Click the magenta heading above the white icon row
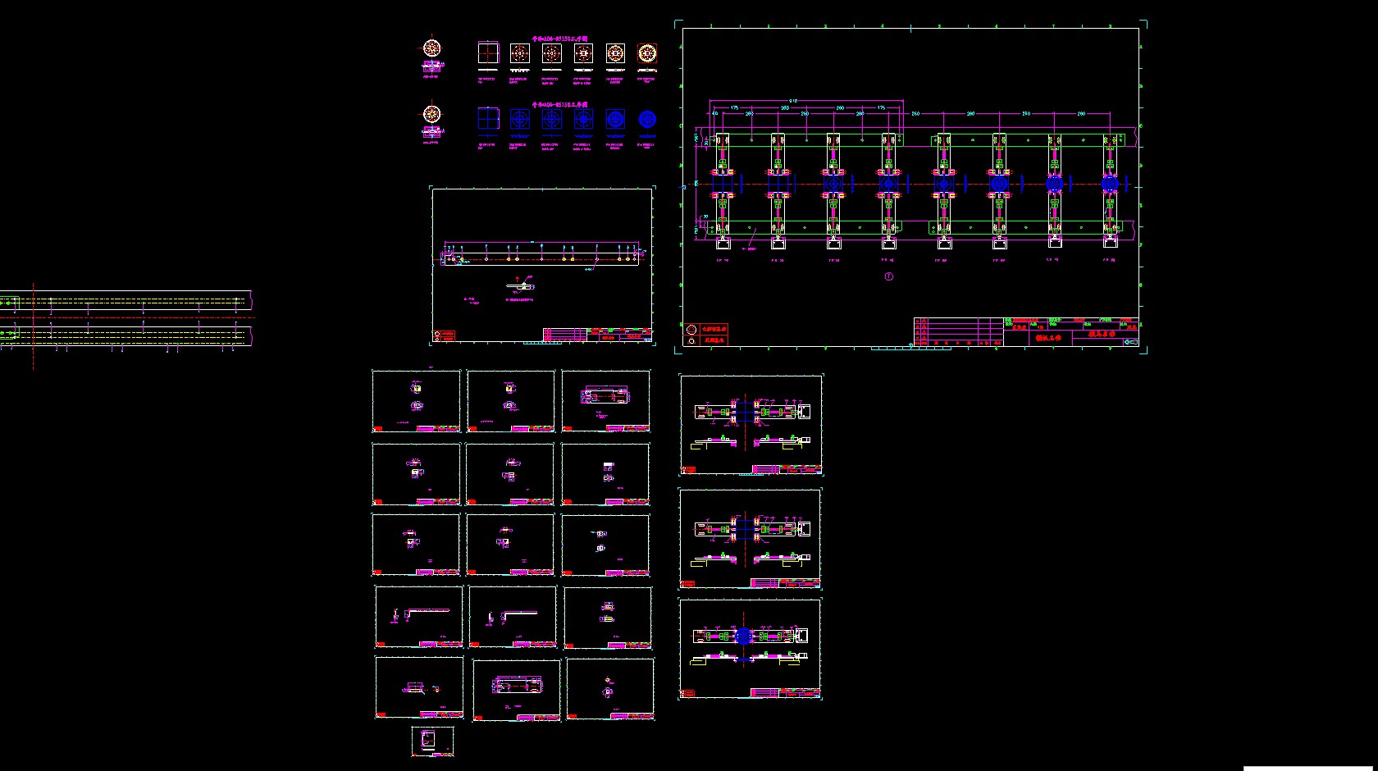click(x=559, y=38)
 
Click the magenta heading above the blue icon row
click(x=559, y=105)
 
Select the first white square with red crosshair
click(x=488, y=53)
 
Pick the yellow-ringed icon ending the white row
click(x=647, y=53)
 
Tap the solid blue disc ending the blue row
click(x=647, y=120)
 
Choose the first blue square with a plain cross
click(x=488, y=120)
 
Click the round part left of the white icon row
click(x=431, y=49)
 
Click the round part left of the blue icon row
click(x=431, y=115)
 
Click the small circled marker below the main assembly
click(x=888, y=276)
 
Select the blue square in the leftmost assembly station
click(x=722, y=185)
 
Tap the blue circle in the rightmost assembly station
click(x=1110, y=185)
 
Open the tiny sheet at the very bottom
click(x=432, y=741)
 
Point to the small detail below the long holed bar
click(x=521, y=286)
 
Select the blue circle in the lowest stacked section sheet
click(x=743, y=636)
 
